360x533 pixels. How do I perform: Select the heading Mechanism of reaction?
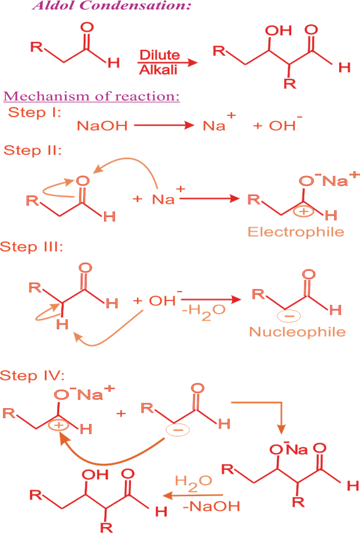click(x=91, y=96)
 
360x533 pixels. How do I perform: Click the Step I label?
click(x=34, y=112)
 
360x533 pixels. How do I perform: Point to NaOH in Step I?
click(x=102, y=126)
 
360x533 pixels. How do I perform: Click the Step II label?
click(x=32, y=150)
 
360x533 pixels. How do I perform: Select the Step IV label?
click(x=33, y=375)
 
